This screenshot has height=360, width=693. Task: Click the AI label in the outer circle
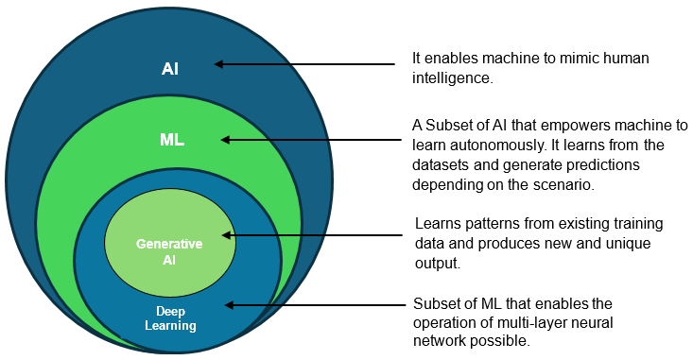click(170, 69)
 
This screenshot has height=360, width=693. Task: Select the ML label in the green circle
click(171, 140)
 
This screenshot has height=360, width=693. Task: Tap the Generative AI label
click(169, 250)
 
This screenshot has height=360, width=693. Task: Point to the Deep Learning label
click(176, 318)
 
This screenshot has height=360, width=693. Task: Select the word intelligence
click(453, 78)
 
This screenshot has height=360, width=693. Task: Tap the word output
click(436, 264)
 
